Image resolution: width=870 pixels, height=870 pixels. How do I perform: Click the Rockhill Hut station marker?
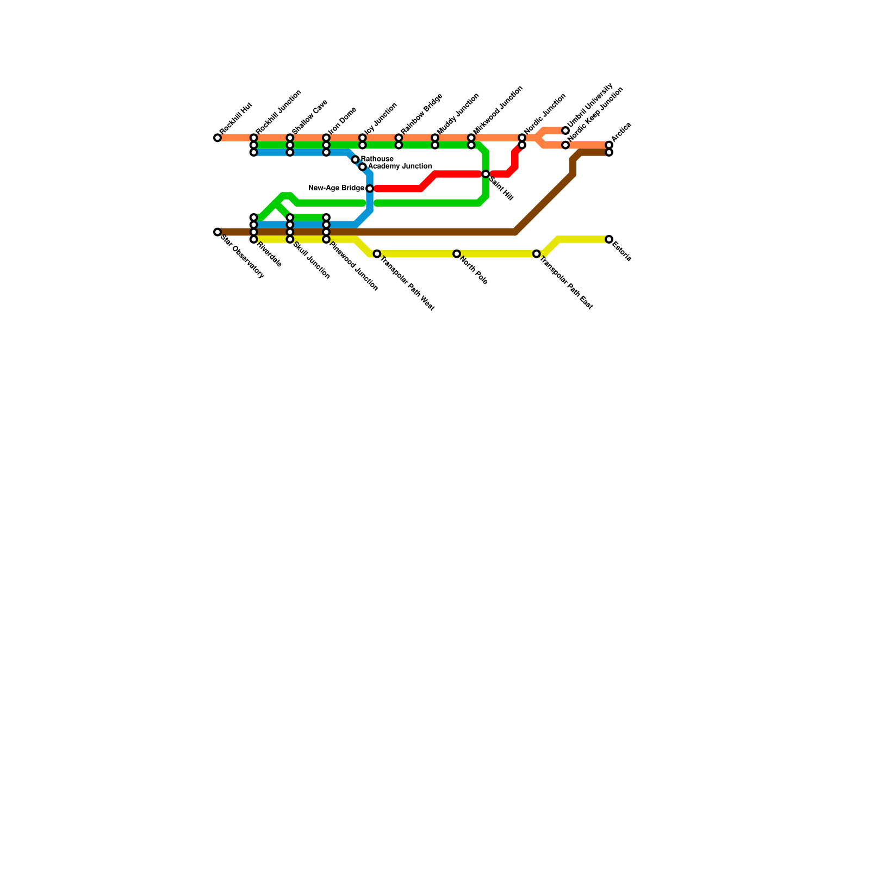tap(217, 138)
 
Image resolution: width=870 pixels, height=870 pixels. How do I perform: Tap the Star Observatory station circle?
tap(217, 232)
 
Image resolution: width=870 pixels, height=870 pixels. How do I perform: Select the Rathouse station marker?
tap(355, 159)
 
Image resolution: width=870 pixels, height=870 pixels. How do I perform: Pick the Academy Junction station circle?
tap(363, 167)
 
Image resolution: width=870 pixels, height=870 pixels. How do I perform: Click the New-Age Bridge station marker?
tap(370, 189)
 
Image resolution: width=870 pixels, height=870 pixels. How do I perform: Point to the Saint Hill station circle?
tap(486, 174)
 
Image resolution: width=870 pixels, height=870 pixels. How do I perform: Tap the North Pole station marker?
tap(457, 254)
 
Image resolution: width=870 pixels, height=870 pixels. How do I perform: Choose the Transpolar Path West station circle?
tap(377, 254)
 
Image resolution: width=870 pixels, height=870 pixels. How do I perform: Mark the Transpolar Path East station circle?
tap(537, 254)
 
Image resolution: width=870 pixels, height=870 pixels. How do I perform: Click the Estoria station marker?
tap(609, 240)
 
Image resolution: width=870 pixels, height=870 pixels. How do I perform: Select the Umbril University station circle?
tap(565, 131)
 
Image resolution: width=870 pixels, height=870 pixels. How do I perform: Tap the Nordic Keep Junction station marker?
tap(565, 145)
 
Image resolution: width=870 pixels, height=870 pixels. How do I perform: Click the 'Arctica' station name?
tap(621, 133)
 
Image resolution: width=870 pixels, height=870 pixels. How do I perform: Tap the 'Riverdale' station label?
tap(269, 254)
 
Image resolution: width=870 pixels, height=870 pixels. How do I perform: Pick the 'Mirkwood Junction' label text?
tap(498, 109)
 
